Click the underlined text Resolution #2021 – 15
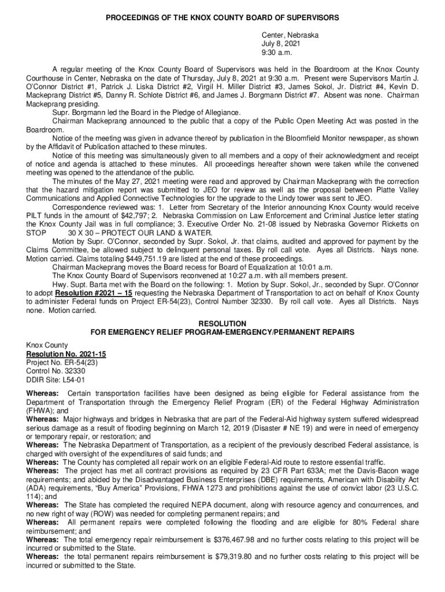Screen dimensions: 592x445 click(x=88, y=293)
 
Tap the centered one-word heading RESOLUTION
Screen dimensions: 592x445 click(x=222, y=324)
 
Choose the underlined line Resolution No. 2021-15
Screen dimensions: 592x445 click(x=66, y=354)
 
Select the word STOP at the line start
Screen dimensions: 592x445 click(x=36, y=232)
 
